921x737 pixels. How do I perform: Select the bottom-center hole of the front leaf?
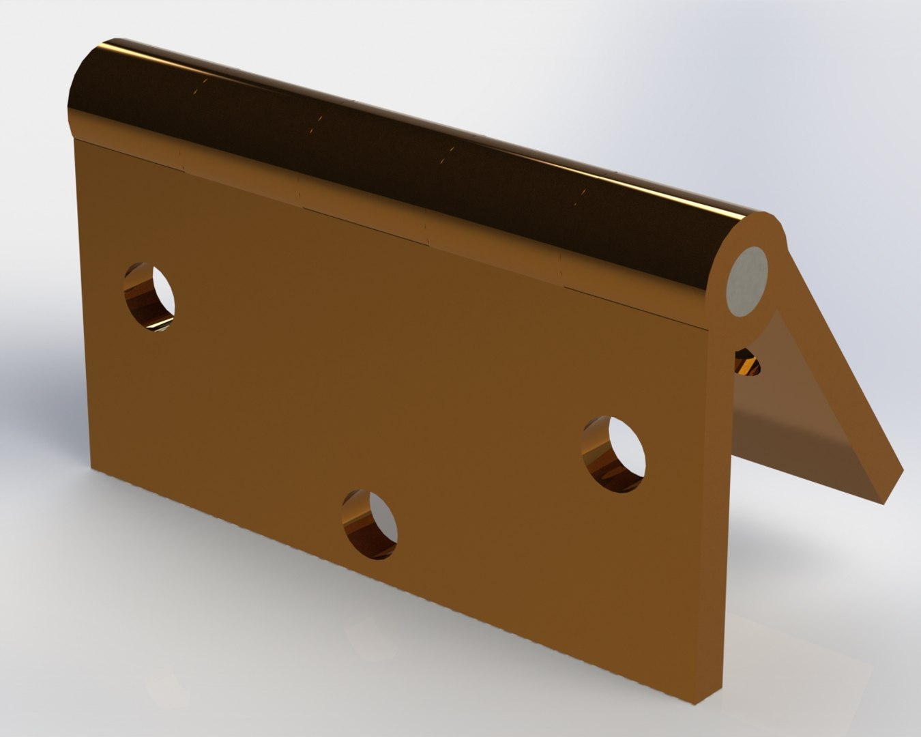(x=370, y=523)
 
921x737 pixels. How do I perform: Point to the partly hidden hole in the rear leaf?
(x=748, y=362)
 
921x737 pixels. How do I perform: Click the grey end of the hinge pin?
(x=748, y=281)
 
